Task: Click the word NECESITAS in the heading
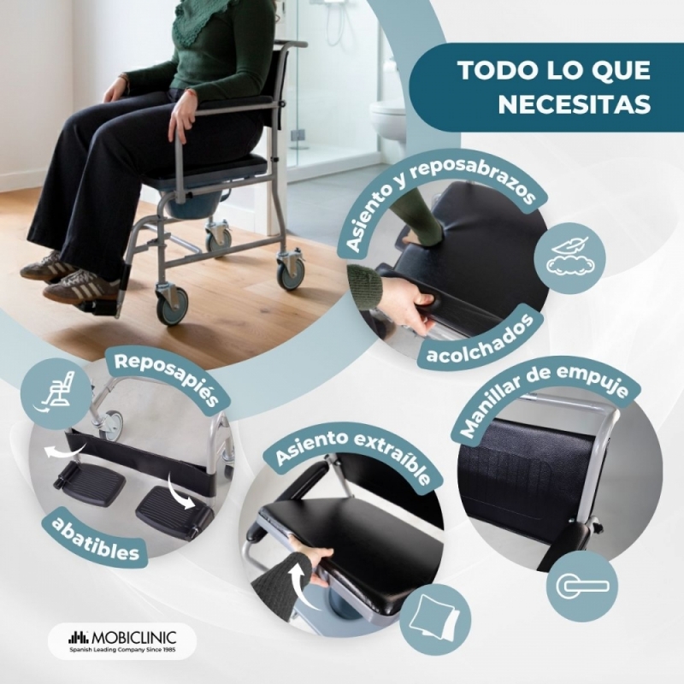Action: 574,103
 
